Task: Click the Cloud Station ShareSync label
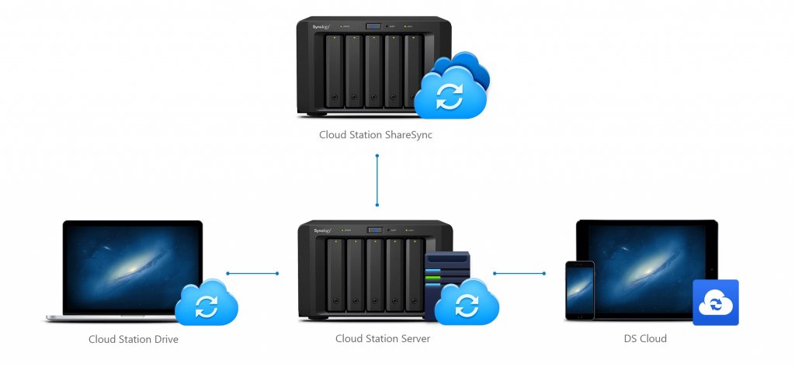[x=377, y=134]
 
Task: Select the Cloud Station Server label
[x=382, y=338]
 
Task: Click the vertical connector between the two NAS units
[x=377, y=180]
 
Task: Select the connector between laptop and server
[x=252, y=273]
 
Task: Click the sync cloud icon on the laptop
[x=206, y=303]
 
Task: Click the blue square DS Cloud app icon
[x=715, y=303]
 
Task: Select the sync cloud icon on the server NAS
[x=466, y=303]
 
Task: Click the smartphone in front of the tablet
[x=579, y=290]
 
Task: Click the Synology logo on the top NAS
[x=322, y=27]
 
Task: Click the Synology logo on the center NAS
[x=322, y=230]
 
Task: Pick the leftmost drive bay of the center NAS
[x=335, y=275]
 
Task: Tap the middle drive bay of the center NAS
[x=375, y=275]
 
